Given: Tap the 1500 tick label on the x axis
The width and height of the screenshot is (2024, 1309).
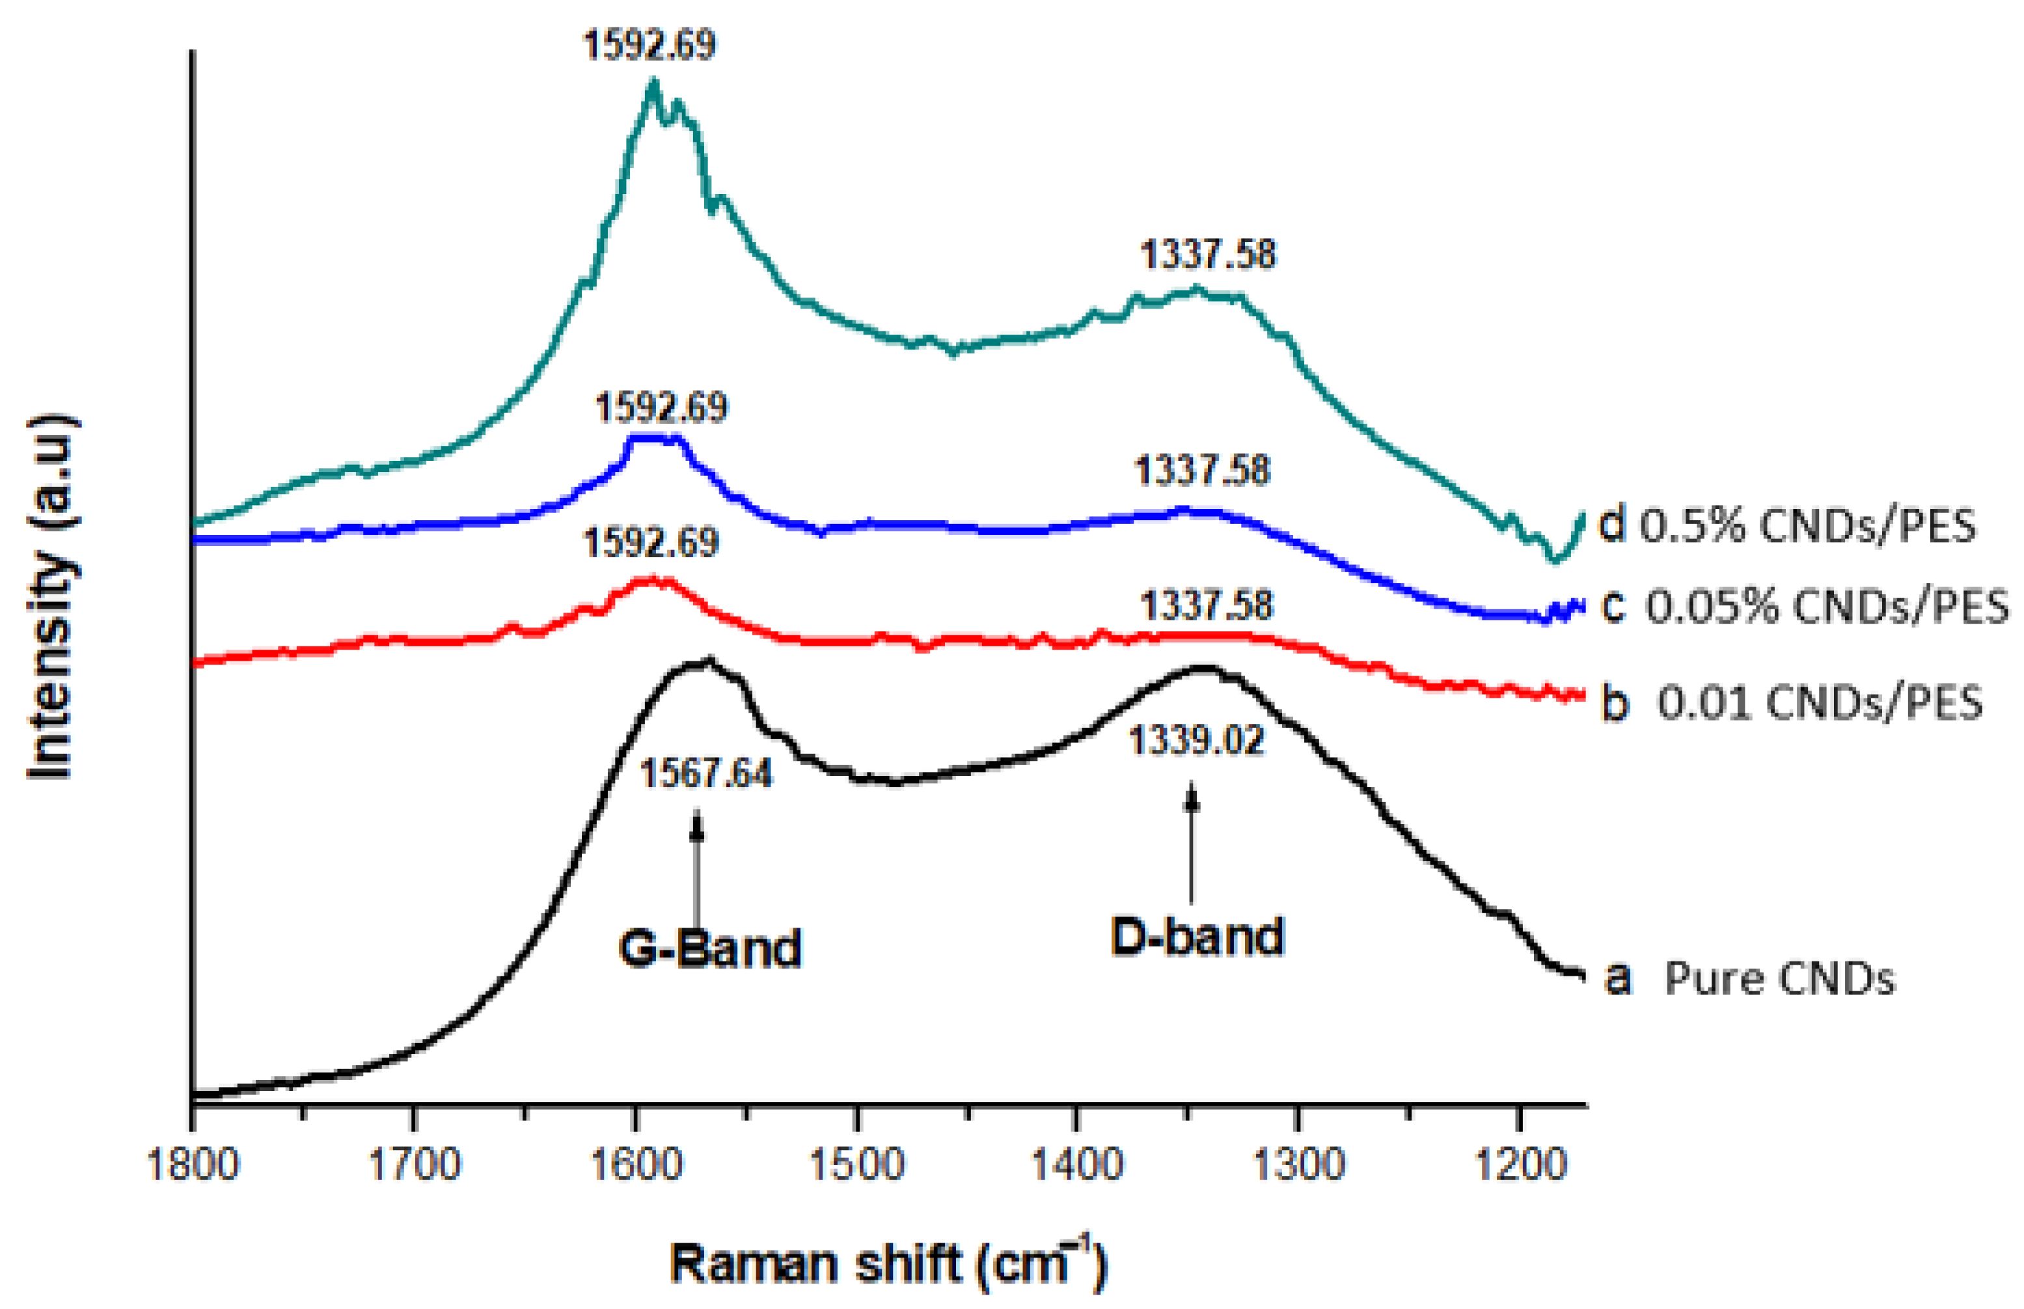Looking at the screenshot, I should tap(856, 1164).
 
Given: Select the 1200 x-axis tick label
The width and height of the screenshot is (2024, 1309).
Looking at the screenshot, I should tap(1520, 1164).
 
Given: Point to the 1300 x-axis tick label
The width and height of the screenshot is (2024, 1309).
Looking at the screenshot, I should tap(1298, 1164).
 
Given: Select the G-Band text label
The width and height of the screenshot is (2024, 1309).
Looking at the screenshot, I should tap(709, 948).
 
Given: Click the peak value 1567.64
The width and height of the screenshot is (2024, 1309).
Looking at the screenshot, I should tap(706, 773).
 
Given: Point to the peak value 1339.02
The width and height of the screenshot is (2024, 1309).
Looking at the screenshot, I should tap(1196, 740).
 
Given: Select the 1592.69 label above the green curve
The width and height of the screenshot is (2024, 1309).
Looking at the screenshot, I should tap(649, 45).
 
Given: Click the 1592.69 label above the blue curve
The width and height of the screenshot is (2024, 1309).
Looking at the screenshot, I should tap(661, 408).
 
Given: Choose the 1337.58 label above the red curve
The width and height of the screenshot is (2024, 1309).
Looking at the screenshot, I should tap(1207, 606).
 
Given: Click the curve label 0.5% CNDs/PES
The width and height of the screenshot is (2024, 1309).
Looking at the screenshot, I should tap(1805, 526).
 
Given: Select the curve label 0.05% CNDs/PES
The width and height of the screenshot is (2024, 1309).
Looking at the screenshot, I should tap(1827, 606).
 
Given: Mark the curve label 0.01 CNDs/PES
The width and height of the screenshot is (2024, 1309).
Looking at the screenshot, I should tap(1819, 702).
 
